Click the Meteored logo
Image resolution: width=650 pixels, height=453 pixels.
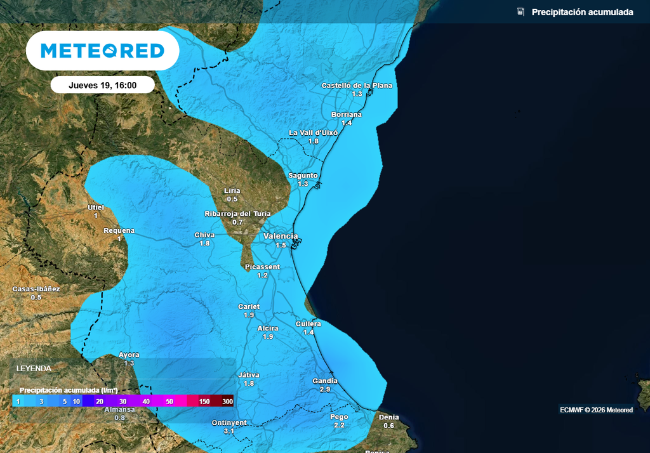pos(102,51)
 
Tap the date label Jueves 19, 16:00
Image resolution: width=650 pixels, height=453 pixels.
pos(102,85)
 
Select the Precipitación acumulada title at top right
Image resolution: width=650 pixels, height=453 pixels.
pos(582,12)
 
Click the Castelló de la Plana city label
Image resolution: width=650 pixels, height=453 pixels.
pos(357,85)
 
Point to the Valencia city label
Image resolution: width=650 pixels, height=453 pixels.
pos(281,236)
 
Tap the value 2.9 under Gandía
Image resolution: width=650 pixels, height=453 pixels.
pos(325,389)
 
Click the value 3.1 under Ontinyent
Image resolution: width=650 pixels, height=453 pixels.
pos(229,431)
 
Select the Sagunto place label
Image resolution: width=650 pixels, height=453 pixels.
pos(303,175)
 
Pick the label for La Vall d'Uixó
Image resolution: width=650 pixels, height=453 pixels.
pos(313,133)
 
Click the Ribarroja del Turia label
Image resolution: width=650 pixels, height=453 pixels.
pos(238,214)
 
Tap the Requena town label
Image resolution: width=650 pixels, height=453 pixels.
pos(119,230)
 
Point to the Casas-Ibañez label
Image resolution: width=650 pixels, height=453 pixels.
pos(36,289)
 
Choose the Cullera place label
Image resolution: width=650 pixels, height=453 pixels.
pos(308,324)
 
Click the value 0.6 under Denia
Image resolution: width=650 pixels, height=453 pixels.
pos(389,425)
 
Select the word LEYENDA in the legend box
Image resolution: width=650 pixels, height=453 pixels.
pos(34,368)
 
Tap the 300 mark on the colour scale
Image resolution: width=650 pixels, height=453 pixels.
pos(228,402)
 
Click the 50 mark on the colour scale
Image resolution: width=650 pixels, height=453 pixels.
pos(169,402)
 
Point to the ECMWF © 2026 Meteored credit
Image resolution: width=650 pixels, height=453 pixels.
pos(596,410)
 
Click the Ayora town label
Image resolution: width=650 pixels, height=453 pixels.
pos(129,355)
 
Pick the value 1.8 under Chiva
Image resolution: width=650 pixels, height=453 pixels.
pos(204,243)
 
